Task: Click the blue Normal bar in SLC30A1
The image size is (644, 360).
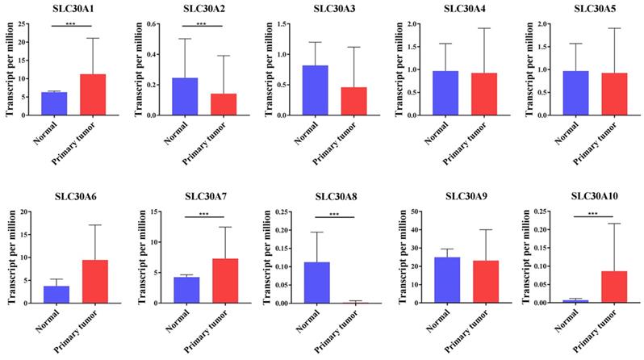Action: click(x=54, y=103)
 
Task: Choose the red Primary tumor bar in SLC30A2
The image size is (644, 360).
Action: click(x=224, y=105)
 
